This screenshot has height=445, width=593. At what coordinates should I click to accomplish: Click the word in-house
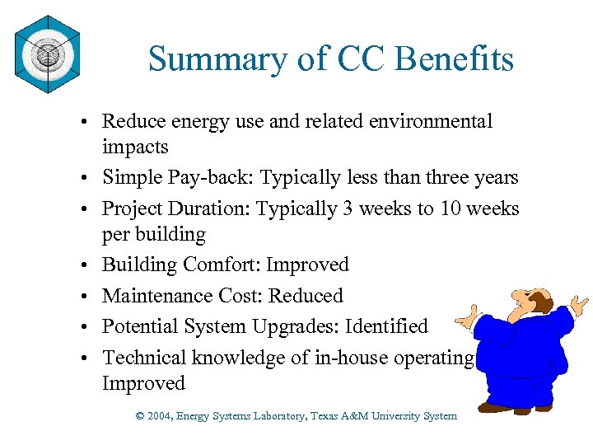coord(352,357)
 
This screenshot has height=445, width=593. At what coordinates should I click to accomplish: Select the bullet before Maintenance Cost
coord(85,297)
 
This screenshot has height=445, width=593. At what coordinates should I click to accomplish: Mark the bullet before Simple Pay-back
coord(85,179)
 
